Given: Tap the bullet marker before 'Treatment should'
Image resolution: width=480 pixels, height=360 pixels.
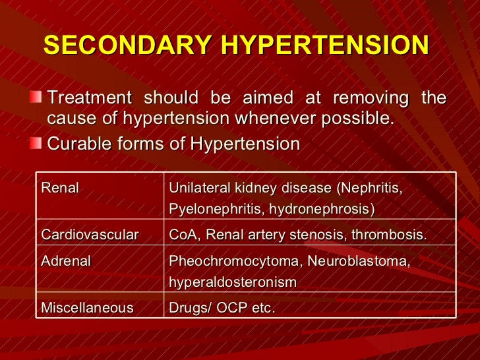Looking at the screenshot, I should click(x=39, y=98).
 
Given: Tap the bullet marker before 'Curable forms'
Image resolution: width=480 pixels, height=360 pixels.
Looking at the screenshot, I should click(x=39, y=143).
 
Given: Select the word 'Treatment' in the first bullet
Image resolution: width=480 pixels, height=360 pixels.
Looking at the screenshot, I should click(x=90, y=98).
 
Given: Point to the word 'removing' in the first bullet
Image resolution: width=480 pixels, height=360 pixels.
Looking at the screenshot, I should click(x=372, y=98).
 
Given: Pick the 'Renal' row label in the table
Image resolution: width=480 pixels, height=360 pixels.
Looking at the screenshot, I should click(x=60, y=189).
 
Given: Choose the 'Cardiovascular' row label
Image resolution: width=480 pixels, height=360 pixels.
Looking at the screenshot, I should click(x=90, y=235).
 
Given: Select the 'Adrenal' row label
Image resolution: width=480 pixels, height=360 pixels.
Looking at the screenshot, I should click(x=66, y=261).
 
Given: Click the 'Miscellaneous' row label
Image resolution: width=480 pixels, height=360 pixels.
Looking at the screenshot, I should click(x=87, y=308).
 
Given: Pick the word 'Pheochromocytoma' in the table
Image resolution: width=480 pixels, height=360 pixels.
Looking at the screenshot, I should click(x=235, y=261).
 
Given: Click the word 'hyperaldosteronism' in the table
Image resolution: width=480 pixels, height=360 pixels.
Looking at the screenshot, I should click(x=233, y=283).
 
